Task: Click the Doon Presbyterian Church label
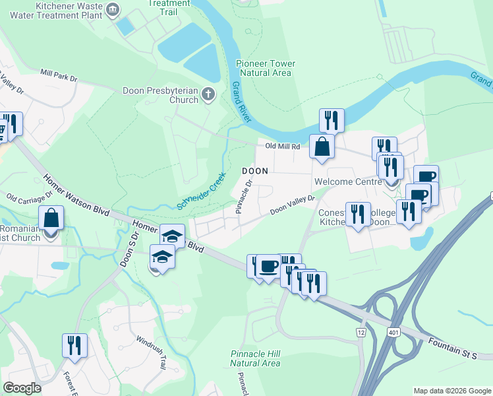click(160, 95)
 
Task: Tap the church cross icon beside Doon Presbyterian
click(208, 94)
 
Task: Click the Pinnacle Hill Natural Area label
click(255, 358)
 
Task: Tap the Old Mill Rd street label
click(283, 146)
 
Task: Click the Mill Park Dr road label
click(59, 76)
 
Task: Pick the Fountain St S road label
click(451, 350)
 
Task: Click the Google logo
click(22, 388)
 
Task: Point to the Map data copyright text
click(452, 391)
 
